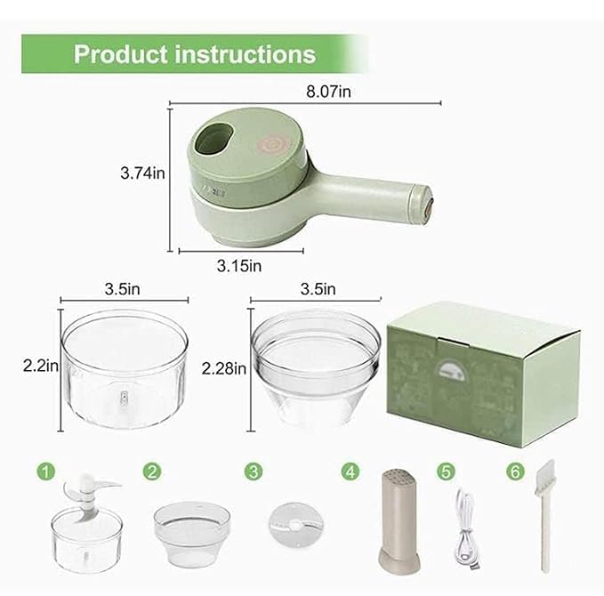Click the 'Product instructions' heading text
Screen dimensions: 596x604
point(194,54)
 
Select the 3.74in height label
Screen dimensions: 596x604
point(142,174)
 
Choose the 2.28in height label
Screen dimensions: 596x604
point(224,367)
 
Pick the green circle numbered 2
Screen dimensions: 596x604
point(153,471)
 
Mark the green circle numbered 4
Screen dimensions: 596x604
point(354,471)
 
